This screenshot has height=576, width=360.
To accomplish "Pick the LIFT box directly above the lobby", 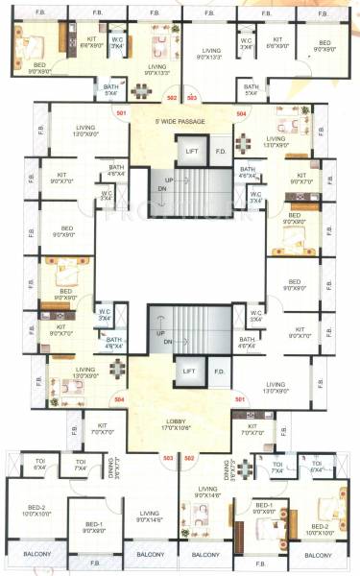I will (189, 371).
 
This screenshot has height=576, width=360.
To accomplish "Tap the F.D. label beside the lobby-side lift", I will (219, 372).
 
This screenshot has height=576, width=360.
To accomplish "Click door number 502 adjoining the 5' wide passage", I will (172, 97).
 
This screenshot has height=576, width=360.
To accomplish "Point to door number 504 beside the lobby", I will (120, 397).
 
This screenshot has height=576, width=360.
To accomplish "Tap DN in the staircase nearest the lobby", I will (167, 341).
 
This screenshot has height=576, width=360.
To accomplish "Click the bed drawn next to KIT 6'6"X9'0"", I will (32, 43).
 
